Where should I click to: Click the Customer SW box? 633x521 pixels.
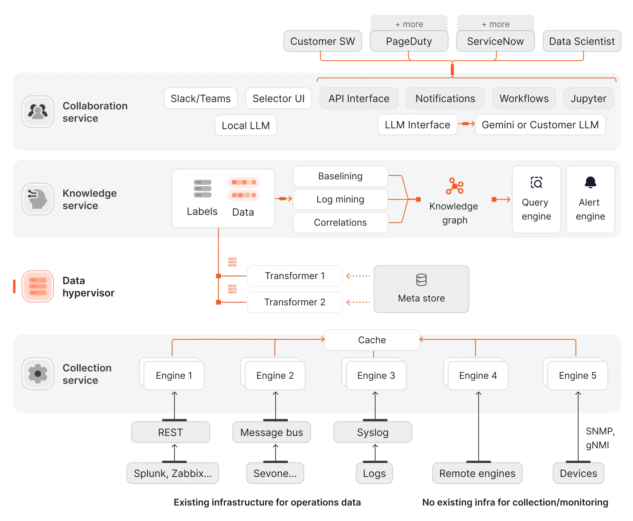click(x=322, y=41)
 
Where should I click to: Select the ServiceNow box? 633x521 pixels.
click(x=495, y=41)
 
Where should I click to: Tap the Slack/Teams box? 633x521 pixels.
click(x=200, y=99)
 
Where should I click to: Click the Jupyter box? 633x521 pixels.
click(x=588, y=99)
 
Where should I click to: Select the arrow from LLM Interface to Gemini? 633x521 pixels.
click(x=466, y=124)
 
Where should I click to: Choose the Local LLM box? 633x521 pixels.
click(x=245, y=126)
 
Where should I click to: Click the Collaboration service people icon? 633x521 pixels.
click(x=38, y=112)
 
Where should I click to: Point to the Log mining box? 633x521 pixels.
click(x=340, y=199)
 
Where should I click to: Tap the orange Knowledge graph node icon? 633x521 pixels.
click(x=455, y=186)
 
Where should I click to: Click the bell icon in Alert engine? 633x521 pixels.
click(x=590, y=182)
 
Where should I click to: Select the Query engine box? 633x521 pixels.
click(x=536, y=199)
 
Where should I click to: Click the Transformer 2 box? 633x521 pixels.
click(x=294, y=302)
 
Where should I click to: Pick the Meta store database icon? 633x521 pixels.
click(x=421, y=280)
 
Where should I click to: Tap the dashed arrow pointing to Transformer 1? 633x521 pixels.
click(x=358, y=276)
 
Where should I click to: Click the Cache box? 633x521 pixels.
click(x=372, y=340)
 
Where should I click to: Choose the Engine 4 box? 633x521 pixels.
click(x=478, y=376)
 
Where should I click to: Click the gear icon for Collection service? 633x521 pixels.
click(x=38, y=374)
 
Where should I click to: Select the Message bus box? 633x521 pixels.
click(x=271, y=432)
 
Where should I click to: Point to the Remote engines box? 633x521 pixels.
click(x=477, y=473)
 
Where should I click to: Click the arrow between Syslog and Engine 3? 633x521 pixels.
click(x=375, y=404)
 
